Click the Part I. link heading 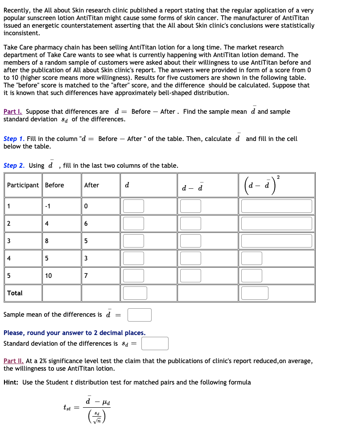click(14, 112)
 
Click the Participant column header click(23, 185)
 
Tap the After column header click(91, 185)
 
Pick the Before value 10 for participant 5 click(48, 276)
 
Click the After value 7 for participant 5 click(87, 276)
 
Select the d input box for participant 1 click(134, 206)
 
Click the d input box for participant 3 click(134, 241)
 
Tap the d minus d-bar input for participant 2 click(190, 223)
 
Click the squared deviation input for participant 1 click(276, 206)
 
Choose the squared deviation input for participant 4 click(252, 258)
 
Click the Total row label click(15, 293)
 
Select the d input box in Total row click(135, 293)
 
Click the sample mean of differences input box click(140, 315)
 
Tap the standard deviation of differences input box click(155, 343)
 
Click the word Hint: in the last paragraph click(12, 382)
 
